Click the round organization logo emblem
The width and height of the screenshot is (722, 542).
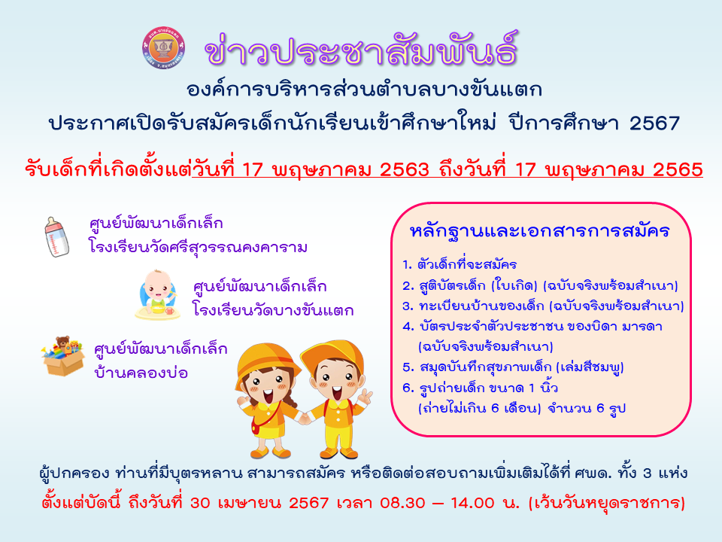tap(163, 48)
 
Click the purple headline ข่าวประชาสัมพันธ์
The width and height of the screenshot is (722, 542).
tap(362, 49)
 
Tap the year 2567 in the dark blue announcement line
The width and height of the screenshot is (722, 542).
tap(654, 123)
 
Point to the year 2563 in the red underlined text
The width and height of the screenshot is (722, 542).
tap(405, 169)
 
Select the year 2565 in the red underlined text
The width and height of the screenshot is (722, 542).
tap(678, 169)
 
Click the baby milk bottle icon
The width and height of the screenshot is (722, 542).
tap(56, 236)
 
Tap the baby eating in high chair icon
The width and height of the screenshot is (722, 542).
tap(156, 295)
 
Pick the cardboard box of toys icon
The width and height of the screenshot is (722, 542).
tap(63, 356)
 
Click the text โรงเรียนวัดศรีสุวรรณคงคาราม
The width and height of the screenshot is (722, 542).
tap(198, 248)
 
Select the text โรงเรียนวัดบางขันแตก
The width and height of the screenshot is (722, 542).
tap(273, 310)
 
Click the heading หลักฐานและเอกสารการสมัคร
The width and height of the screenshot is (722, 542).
tap(540, 230)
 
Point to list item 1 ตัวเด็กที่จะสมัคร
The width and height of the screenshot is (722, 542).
tap(459, 264)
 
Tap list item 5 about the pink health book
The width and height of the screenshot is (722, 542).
tap(513, 367)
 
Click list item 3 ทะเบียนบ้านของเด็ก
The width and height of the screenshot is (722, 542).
tap(543, 306)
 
